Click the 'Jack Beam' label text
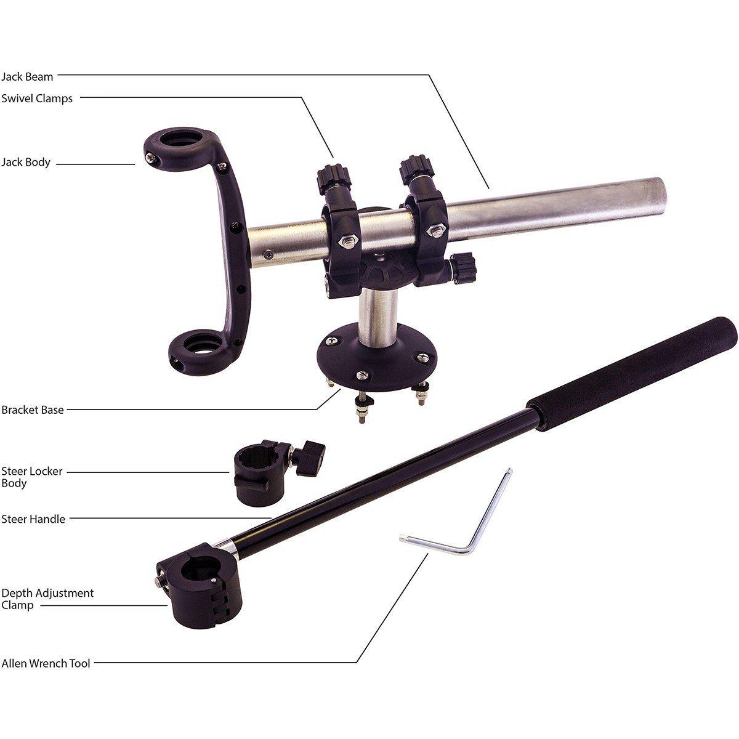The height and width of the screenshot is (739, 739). point(27,77)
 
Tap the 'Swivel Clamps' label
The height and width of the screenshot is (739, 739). point(37,98)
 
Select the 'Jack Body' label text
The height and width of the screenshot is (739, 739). point(26,162)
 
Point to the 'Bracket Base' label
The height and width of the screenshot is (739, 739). point(33,410)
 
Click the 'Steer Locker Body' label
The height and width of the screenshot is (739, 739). point(32,477)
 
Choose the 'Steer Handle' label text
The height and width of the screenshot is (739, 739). point(33,519)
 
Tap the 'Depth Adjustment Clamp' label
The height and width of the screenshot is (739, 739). point(47,599)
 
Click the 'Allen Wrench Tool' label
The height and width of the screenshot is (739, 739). point(46,663)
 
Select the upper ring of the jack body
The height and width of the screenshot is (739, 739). point(179,148)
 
